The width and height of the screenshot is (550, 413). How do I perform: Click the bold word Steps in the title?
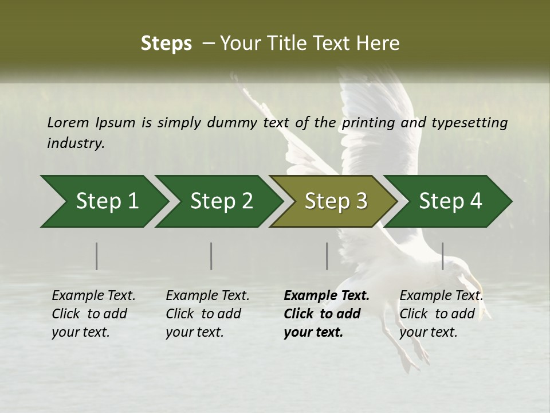tap(166, 44)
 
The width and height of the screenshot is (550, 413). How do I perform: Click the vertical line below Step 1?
tap(97, 256)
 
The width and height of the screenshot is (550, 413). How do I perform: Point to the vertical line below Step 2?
tap(211, 256)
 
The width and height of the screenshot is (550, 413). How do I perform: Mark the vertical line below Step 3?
tap(327, 256)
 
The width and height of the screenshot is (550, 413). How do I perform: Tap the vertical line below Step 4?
tap(443, 256)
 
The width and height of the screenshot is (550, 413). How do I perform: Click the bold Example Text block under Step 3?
tap(326, 314)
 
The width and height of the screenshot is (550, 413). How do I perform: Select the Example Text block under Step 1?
tap(93, 314)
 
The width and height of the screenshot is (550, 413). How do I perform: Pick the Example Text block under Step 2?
tap(207, 314)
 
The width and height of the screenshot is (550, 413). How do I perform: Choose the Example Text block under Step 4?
tap(441, 314)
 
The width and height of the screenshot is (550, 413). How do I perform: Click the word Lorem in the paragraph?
tap(68, 122)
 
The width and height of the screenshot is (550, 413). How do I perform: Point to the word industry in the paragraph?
tap(75, 143)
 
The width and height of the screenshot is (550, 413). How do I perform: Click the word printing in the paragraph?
tap(367, 123)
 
